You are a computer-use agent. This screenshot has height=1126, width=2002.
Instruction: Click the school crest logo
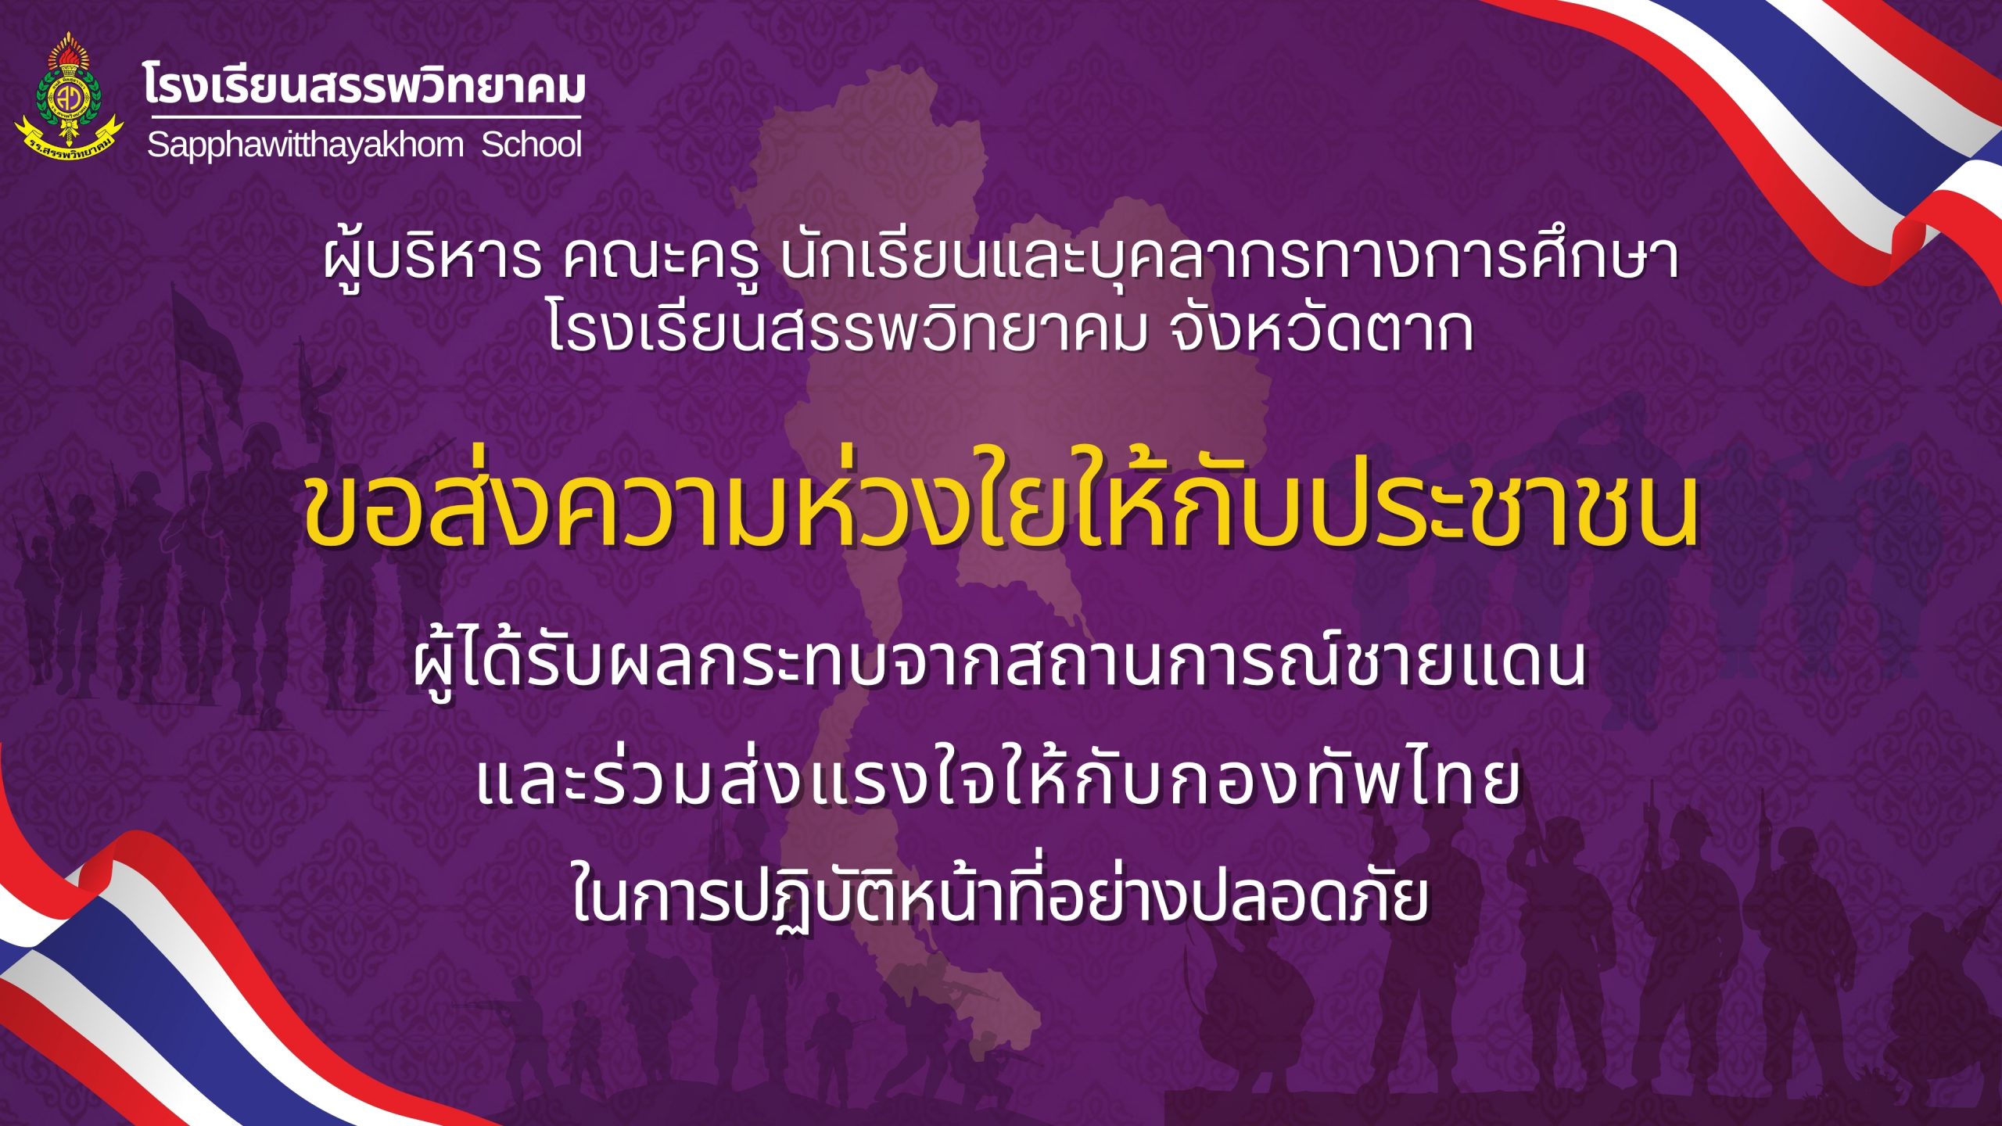(x=69, y=94)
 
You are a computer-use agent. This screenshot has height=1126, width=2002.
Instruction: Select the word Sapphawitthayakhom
(x=305, y=145)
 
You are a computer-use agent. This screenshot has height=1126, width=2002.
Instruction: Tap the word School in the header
(x=532, y=145)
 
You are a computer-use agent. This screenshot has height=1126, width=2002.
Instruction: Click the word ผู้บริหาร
(x=432, y=258)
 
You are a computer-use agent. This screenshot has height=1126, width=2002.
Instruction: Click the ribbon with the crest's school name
(x=69, y=141)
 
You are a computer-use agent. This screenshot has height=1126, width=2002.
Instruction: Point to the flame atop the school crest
(x=69, y=50)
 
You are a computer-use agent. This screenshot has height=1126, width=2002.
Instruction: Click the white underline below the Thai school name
(x=363, y=118)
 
